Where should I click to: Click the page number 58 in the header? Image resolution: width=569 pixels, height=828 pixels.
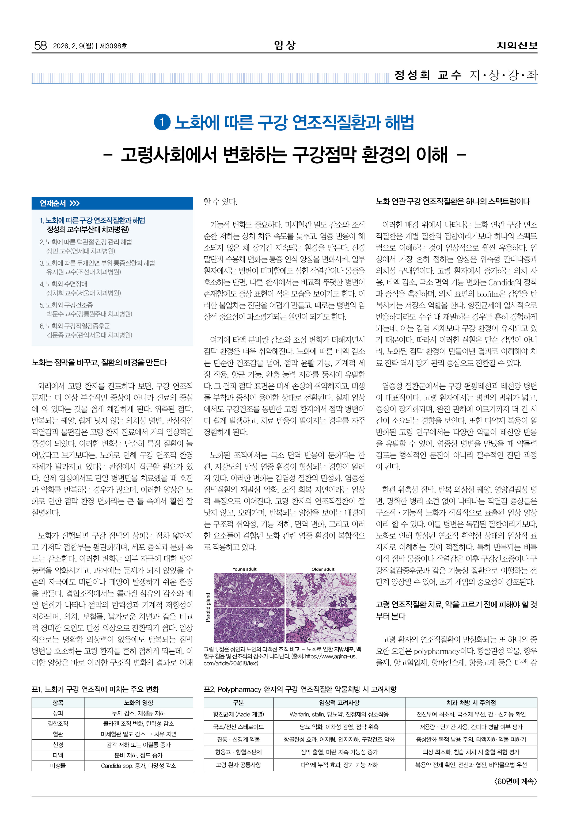40,45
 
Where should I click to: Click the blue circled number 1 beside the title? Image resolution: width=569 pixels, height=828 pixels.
162,122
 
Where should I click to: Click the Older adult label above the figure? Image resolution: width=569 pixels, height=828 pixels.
323,569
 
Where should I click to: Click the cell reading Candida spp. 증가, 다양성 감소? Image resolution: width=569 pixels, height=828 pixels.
138,766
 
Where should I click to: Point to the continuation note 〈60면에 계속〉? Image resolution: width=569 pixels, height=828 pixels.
515,781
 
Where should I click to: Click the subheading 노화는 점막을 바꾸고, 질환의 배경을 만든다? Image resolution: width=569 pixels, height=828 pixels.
99,363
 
